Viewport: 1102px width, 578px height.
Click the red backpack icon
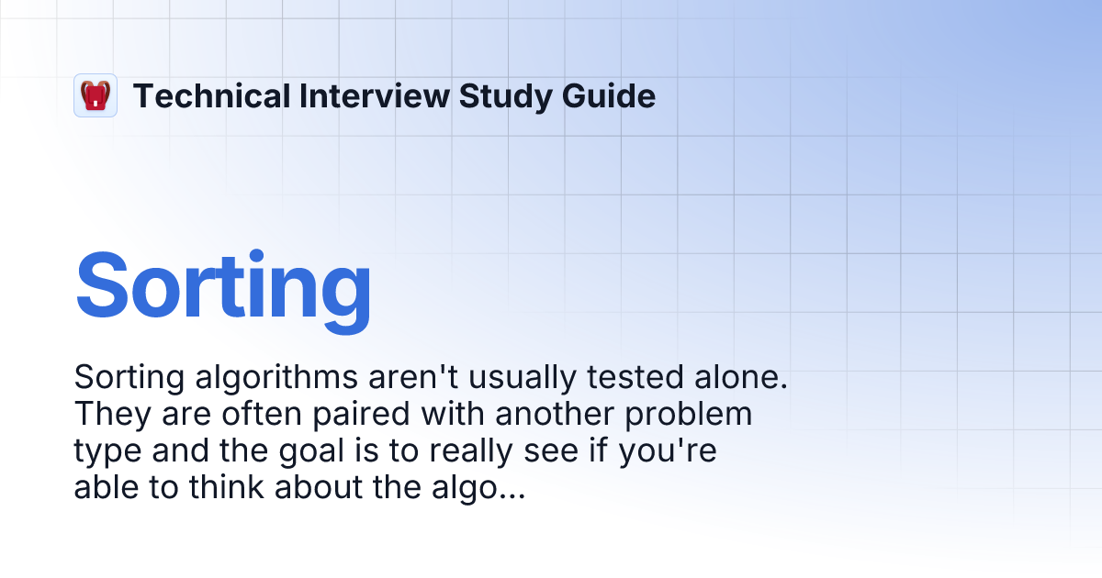pos(96,95)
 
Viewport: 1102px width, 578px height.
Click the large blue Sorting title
pos(223,285)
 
